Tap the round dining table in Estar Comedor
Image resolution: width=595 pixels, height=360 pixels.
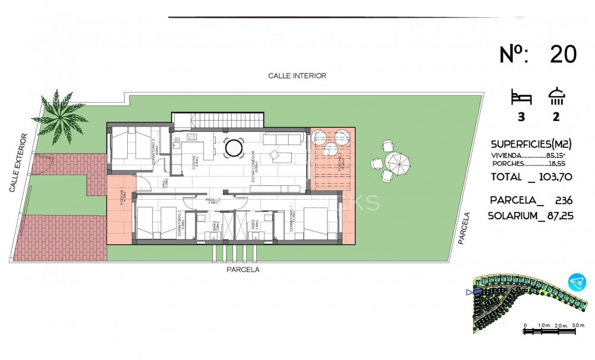click(233, 147)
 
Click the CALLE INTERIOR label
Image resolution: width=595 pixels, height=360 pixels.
click(297, 75)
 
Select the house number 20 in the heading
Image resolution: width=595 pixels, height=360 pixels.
click(562, 55)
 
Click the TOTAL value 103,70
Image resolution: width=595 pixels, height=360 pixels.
click(549, 178)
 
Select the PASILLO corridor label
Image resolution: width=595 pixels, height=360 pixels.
click(212, 201)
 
